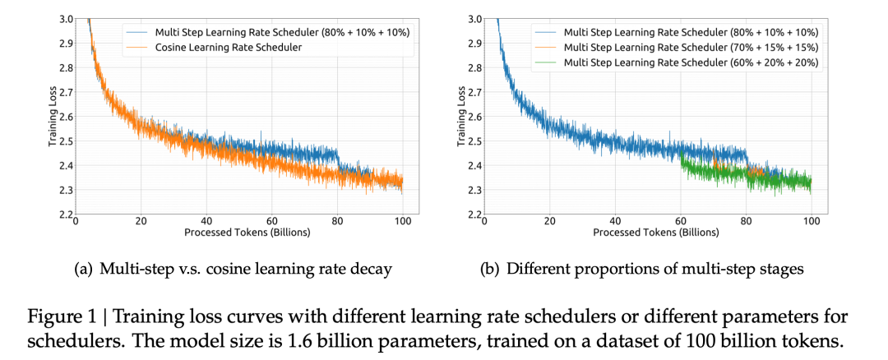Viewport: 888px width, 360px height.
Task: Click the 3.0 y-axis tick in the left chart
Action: tap(64, 19)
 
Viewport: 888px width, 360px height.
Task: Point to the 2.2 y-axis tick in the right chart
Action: tap(475, 215)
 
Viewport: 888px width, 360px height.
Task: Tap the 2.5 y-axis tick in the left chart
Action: tap(64, 141)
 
